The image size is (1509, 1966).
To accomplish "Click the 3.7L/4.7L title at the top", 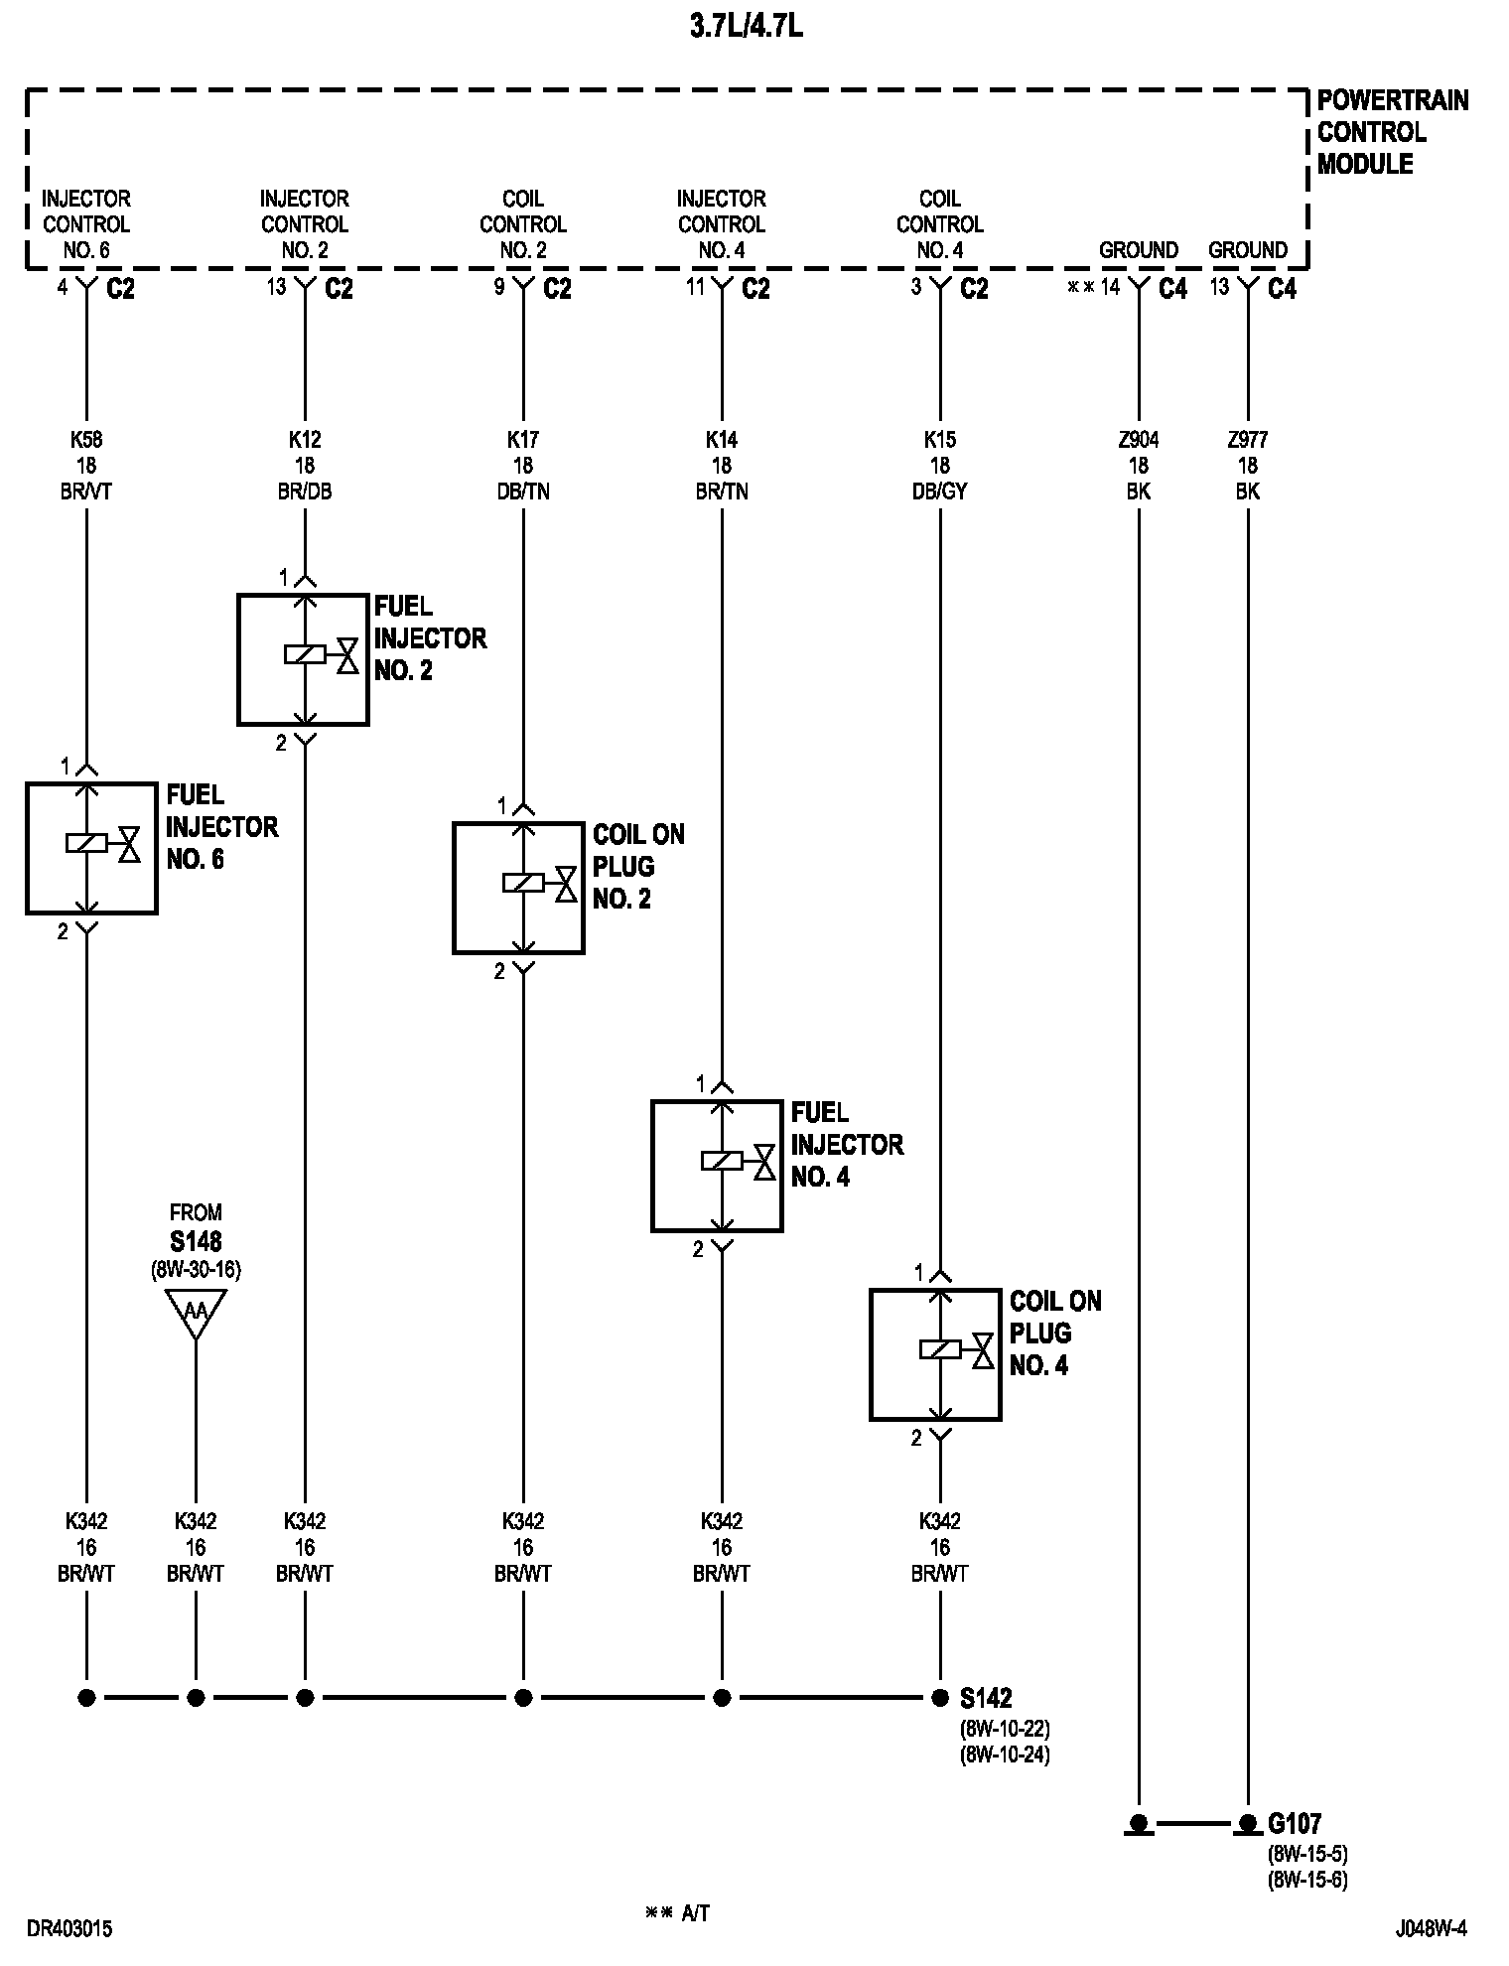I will tap(747, 27).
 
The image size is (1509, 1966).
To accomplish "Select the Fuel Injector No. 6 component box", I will tap(91, 847).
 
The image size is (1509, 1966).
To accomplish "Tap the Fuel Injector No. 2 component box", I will tap(303, 659).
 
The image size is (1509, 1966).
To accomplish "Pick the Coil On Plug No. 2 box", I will tap(518, 888).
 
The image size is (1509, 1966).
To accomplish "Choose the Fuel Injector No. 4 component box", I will tap(717, 1166).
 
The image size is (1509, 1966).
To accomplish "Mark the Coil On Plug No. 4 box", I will tap(935, 1354).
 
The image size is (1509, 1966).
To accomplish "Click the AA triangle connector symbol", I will tap(196, 1311).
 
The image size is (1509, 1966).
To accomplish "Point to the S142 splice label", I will tap(986, 1697).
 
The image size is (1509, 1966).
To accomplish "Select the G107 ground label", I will tap(1295, 1823).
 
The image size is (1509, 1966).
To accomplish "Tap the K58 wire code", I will tap(86, 439).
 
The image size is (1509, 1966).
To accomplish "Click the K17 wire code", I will tap(523, 439).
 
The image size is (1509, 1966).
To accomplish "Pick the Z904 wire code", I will tap(1139, 439).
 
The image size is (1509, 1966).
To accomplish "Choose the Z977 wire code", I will tap(1248, 439).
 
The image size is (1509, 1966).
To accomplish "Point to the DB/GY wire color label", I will tap(940, 491).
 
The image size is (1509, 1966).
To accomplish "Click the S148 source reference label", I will tap(196, 1240).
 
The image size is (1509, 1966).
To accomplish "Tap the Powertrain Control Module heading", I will tap(1392, 132).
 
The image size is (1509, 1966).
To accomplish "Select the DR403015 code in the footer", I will tap(69, 1928).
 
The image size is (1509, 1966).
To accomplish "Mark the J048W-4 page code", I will tap(1431, 1928).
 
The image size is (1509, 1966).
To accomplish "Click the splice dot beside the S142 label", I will tap(940, 1697).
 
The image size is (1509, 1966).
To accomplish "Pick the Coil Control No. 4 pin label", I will tap(940, 224).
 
